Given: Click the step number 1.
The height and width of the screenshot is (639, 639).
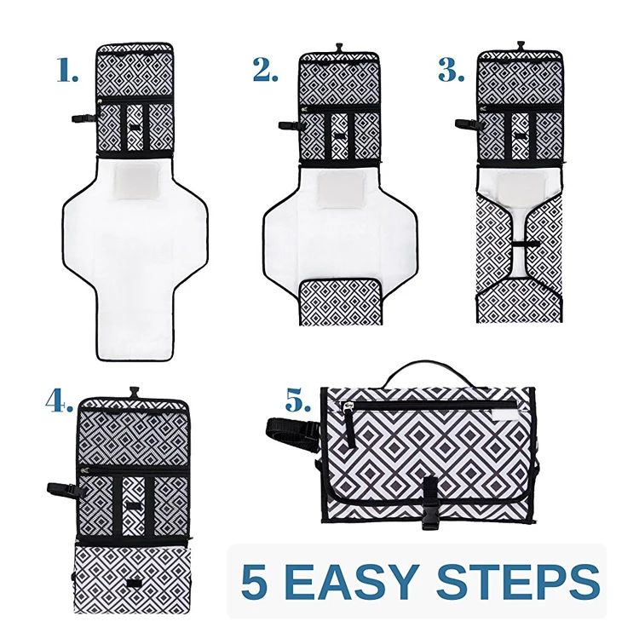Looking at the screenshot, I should [68, 72].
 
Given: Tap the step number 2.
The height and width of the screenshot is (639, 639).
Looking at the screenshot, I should [265, 72].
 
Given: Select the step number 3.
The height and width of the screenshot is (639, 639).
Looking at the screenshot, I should [452, 72].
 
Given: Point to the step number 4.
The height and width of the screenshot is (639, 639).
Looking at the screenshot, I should [59, 401].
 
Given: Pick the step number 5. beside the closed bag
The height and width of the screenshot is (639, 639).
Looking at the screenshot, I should [299, 401].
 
